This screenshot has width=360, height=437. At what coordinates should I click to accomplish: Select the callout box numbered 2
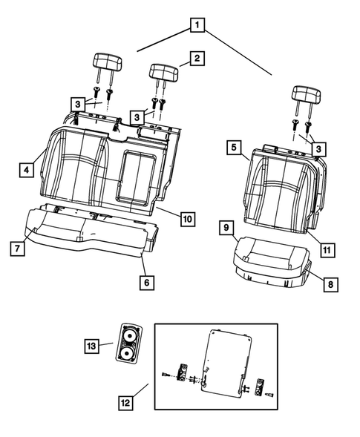pyautogui.click(x=196, y=59)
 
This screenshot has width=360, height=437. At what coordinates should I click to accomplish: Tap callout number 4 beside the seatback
pyautogui.click(x=25, y=171)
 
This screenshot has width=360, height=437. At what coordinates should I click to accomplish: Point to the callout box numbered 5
pyautogui.click(x=234, y=148)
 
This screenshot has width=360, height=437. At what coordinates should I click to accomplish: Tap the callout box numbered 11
pyautogui.click(x=325, y=250)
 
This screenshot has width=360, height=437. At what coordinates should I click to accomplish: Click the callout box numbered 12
pyautogui.click(x=128, y=402)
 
